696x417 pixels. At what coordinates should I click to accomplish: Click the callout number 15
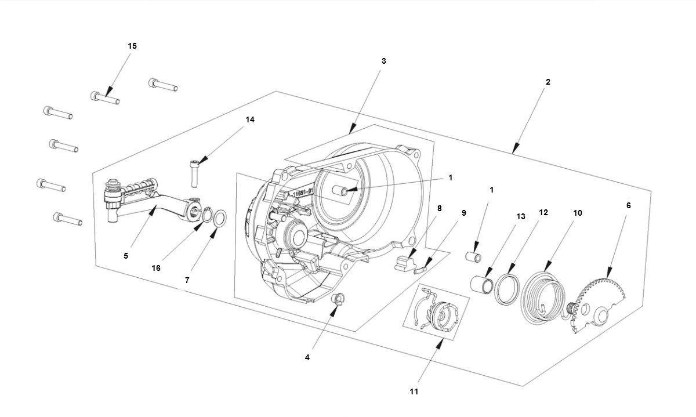(x=132, y=46)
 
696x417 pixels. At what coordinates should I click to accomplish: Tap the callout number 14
(x=250, y=120)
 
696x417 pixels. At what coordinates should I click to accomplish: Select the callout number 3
(x=383, y=61)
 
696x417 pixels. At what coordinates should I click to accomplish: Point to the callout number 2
(x=548, y=82)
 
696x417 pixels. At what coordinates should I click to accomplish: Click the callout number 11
(x=413, y=391)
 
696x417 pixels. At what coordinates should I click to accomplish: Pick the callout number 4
(x=307, y=357)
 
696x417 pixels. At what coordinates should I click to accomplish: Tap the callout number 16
(x=156, y=268)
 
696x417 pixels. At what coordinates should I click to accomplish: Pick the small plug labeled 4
(x=336, y=300)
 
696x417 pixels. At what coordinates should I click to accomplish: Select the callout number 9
(x=463, y=213)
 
